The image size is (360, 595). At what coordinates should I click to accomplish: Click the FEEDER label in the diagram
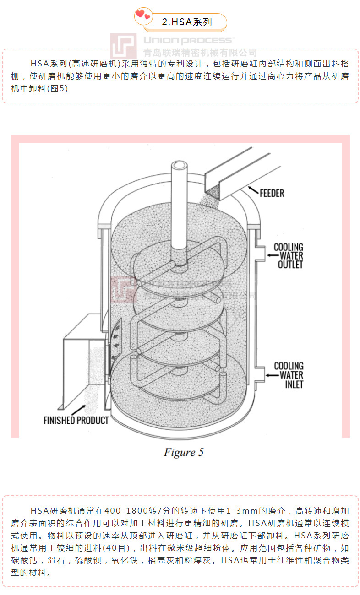click(x=272, y=193)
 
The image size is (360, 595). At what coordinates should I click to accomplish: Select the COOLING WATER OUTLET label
click(x=289, y=256)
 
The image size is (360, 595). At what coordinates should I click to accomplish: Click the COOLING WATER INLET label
click(x=289, y=375)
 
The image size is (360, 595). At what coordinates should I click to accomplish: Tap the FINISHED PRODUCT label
click(x=76, y=420)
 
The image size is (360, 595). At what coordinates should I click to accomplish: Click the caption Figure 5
click(x=183, y=453)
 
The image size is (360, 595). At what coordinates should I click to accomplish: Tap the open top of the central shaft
click(x=177, y=165)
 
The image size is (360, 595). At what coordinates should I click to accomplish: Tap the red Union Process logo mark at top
click(x=123, y=46)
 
